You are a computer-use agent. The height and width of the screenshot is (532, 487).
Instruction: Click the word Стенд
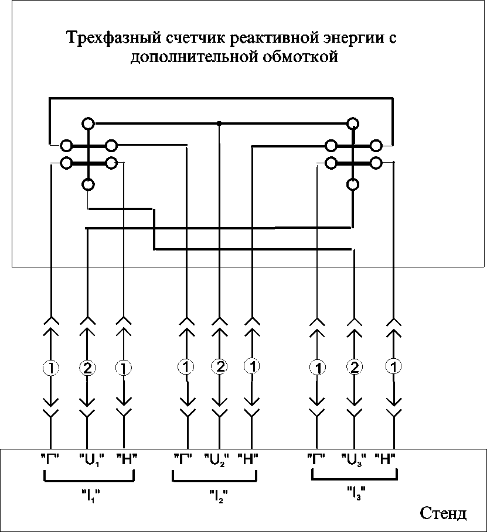pos(443,513)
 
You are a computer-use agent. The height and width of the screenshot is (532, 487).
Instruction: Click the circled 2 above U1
pos(87,368)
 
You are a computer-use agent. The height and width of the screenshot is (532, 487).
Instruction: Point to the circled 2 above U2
pos(219,367)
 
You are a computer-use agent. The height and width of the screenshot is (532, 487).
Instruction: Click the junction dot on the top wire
pos(219,123)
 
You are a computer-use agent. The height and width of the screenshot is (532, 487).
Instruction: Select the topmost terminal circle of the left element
pos(88,123)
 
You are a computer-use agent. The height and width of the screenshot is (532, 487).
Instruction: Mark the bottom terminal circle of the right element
pos(353,184)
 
